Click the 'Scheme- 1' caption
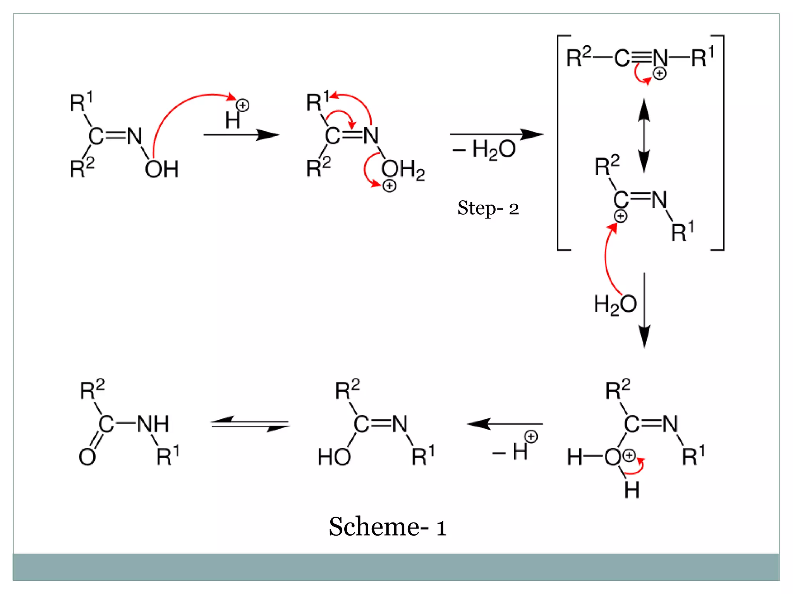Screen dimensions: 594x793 point(388,527)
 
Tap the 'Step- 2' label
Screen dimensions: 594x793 point(488,208)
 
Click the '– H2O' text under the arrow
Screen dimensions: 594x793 point(484,150)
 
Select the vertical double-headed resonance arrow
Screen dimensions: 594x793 point(644,135)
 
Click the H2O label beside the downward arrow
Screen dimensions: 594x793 point(615,304)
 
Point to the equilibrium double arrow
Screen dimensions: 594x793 point(250,424)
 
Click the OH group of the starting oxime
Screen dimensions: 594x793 point(161,169)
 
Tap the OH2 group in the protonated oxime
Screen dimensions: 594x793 point(403,169)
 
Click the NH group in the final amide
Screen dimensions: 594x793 point(153,424)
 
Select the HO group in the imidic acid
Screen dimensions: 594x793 point(334,457)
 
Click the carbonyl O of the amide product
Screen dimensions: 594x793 point(87,457)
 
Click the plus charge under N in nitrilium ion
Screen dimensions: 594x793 point(659,73)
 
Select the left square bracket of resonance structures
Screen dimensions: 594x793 point(559,143)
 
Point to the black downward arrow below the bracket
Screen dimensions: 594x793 point(644,309)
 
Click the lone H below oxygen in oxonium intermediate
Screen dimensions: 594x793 point(632,490)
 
